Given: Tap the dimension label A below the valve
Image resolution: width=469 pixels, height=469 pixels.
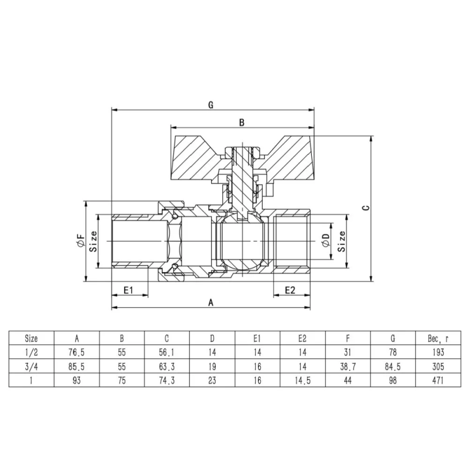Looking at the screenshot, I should point(210,301).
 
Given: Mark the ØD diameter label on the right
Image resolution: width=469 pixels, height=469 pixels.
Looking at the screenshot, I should point(327,241).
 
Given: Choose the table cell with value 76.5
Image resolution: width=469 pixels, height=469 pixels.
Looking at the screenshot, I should point(77,352).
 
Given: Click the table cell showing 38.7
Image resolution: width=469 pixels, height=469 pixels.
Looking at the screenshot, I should point(348,366).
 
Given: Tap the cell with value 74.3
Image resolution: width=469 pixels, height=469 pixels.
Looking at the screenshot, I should point(167,380).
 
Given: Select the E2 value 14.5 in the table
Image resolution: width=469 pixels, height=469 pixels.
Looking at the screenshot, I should point(303,380).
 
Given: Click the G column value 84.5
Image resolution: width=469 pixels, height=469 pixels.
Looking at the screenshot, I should point(393,366).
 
